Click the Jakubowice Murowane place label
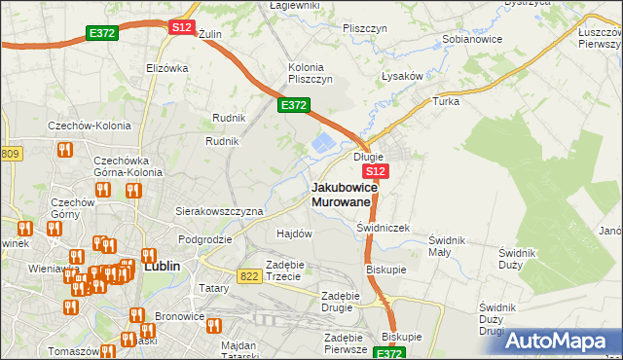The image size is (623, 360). click(341, 194)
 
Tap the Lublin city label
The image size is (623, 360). click(170, 264)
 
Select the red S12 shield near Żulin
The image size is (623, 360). click(181, 27)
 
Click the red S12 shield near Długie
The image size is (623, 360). click(378, 171)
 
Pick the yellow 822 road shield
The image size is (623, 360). click(248, 275)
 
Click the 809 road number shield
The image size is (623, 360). click(10, 154)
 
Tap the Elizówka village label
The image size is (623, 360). click(165, 68)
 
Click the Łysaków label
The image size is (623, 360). click(401, 76)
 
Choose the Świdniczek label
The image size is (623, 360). click(383, 227)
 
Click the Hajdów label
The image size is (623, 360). click(294, 234)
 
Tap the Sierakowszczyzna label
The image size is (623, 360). click(219, 211)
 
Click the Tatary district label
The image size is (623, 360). click(213, 288)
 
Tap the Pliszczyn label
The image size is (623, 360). click(365, 28)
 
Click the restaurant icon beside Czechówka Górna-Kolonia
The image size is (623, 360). click(67, 150)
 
